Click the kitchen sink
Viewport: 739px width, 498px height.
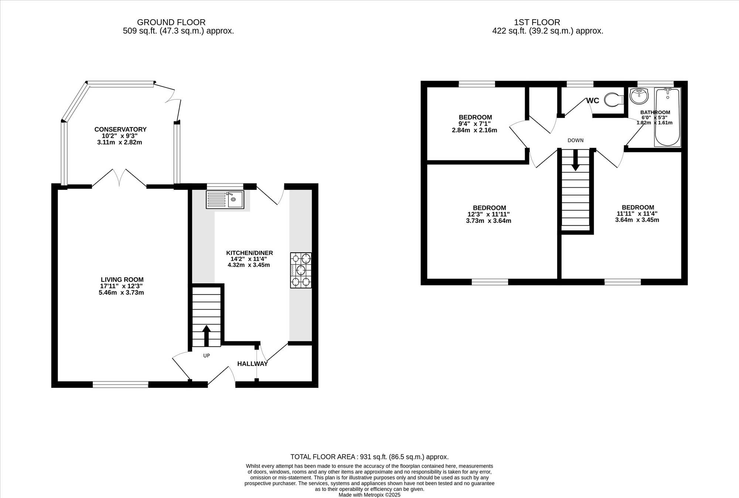click(225, 199)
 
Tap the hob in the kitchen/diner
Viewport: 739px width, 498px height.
click(301, 270)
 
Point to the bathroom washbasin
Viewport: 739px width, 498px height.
click(639, 96)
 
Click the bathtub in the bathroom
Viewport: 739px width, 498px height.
click(667, 117)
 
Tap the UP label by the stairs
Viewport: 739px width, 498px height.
click(207, 356)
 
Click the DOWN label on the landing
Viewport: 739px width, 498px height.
click(575, 140)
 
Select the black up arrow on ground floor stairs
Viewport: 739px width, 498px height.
click(207, 335)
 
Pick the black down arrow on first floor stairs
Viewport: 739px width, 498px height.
click(575, 160)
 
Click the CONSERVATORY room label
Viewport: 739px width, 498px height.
click(120, 129)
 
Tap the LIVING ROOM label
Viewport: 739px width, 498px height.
click(122, 280)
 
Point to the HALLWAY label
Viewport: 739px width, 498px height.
click(252, 364)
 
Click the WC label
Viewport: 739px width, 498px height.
click(593, 100)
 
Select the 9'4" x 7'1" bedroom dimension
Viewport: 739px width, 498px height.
click(474, 124)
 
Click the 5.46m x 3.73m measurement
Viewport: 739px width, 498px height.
click(121, 293)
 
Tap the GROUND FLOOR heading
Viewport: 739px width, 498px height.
click(171, 22)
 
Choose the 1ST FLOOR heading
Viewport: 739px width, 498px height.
click(537, 22)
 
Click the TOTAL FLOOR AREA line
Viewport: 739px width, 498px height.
click(369, 457)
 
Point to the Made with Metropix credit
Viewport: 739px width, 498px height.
click(369, 495)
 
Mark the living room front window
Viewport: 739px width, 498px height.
click(120, 385)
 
